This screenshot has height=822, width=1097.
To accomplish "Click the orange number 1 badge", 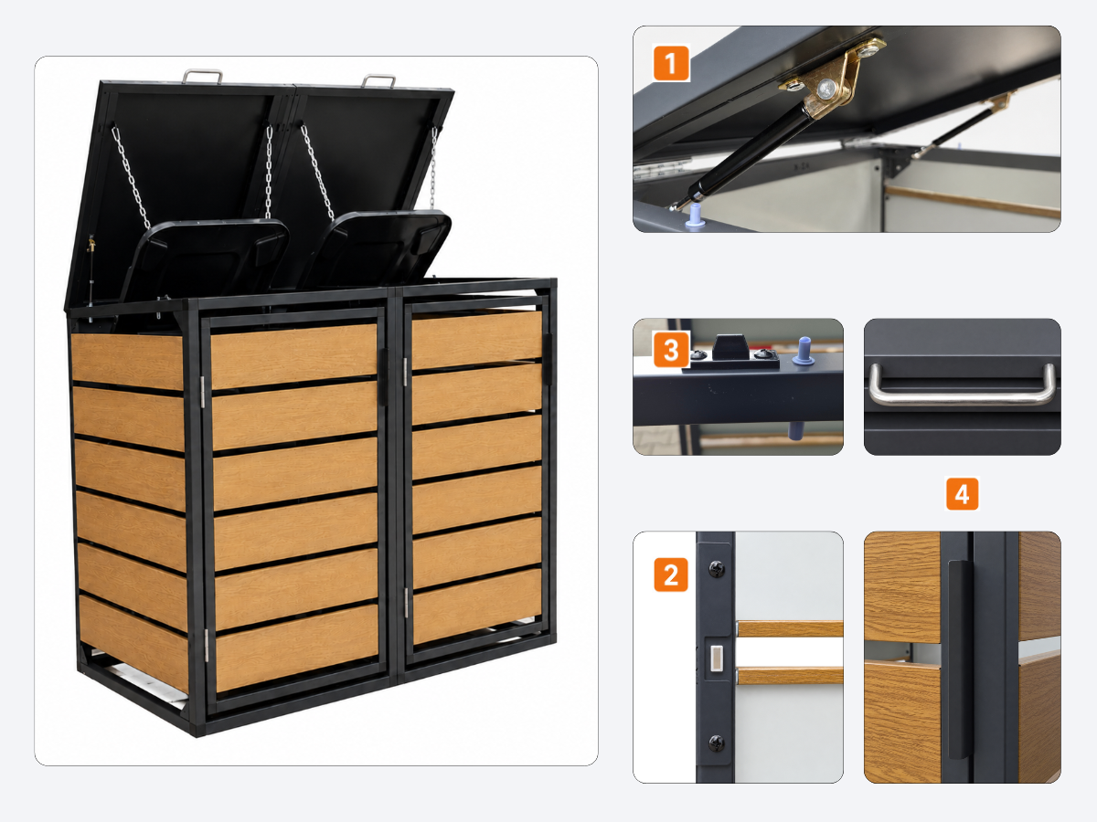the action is coord(671,63).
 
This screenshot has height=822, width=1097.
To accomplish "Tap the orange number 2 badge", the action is coord(671,575).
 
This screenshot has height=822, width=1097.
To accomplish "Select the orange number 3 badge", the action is coord(671,350).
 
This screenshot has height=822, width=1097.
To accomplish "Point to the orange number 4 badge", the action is coord(962,494).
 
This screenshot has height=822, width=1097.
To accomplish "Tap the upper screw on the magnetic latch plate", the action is coord(717,568).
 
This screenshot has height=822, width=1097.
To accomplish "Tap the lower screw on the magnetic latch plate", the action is coord(717,743).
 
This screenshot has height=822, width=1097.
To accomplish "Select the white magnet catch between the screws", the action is coord(717,658).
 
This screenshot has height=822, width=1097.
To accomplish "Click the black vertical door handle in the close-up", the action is coord(959,659).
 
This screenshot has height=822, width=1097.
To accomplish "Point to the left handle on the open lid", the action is coord(202,76).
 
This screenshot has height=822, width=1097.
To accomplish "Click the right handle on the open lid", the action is coord(378,80).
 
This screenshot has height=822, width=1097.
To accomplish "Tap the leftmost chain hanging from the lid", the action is coord(131,177).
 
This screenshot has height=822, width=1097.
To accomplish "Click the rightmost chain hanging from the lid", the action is coord(433,167).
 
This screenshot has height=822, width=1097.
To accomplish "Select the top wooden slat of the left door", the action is coord(293,355).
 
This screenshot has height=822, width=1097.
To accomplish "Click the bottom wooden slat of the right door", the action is coord(477,606).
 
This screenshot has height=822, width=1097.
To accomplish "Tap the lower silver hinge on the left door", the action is coord(206,646).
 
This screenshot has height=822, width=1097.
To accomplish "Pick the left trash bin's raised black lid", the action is coord(205,259).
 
